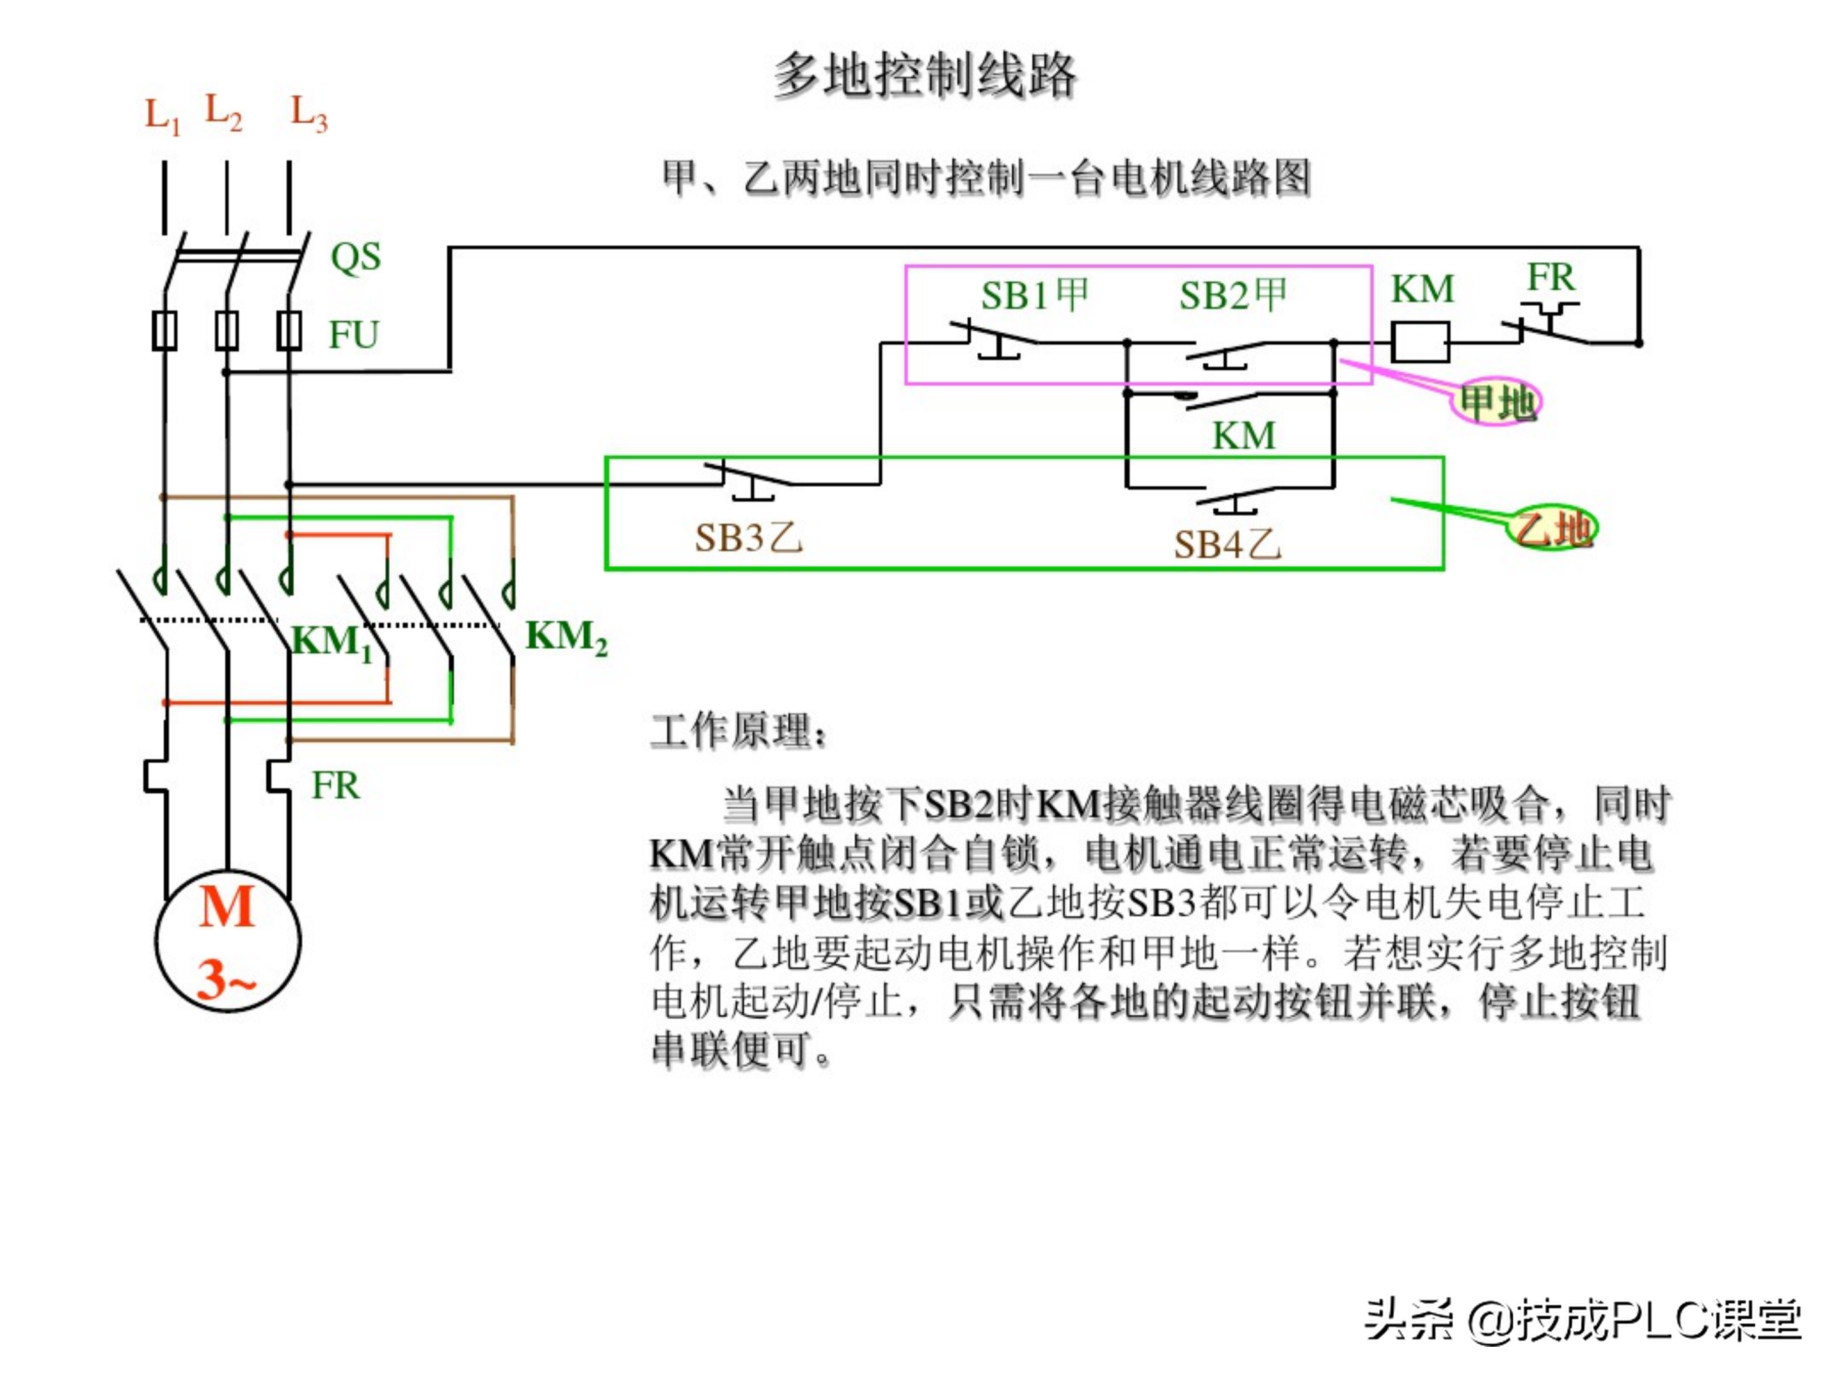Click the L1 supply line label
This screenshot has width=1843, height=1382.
point(163,115)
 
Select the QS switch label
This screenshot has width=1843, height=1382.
point(356,257)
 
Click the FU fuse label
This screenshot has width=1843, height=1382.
point(353,335)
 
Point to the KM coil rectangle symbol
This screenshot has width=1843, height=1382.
point(1421,342)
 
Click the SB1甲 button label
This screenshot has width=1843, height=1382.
point(1035,295)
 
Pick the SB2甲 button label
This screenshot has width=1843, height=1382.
point(1233,295)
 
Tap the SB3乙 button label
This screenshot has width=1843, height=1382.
point(748,538)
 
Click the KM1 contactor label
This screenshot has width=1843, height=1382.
point(331,642)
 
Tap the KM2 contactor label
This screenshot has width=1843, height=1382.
point(566,637)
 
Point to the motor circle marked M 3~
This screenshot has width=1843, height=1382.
point(227,941)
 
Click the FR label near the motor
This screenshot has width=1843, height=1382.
point(335,786)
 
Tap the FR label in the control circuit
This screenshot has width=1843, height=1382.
point(1550,278)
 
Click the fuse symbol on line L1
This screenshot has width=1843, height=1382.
point(164,331)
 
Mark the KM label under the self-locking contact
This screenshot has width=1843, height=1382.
point(1243,436)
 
